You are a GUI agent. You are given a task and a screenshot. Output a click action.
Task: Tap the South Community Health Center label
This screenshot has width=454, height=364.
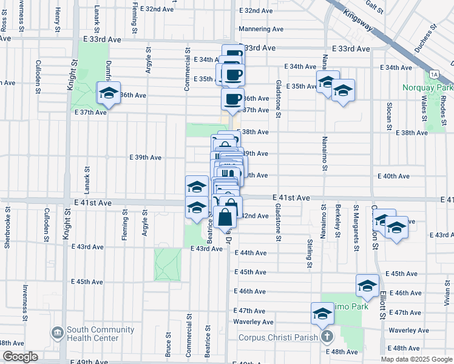pyautogui.click(x=101, y=334)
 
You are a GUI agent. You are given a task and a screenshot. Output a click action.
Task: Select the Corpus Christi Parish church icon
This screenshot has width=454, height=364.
pyautogui.click(x=327, y=337)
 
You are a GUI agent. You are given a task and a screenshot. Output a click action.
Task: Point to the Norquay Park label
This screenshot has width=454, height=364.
pyautogui.click(x=427, y=87)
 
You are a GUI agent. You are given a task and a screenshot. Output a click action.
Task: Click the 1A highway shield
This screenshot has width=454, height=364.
pyautogui.click(x=433, y=75)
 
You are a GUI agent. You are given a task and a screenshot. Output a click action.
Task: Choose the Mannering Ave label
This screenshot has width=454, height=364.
pyautogui.click(x=262, y=29)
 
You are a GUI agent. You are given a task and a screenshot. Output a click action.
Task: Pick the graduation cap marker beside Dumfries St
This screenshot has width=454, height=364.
pyautogui.click(x=109, y=93)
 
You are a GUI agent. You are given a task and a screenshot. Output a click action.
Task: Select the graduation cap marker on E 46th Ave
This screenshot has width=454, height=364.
pyautogui.click(x=367, y=285)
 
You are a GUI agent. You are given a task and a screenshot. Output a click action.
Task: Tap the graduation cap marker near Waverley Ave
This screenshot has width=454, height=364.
pyautogui.click(x=322, y=313)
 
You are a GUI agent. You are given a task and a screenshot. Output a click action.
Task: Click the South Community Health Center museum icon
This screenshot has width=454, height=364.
pyautogui.click(x=58, y=333)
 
